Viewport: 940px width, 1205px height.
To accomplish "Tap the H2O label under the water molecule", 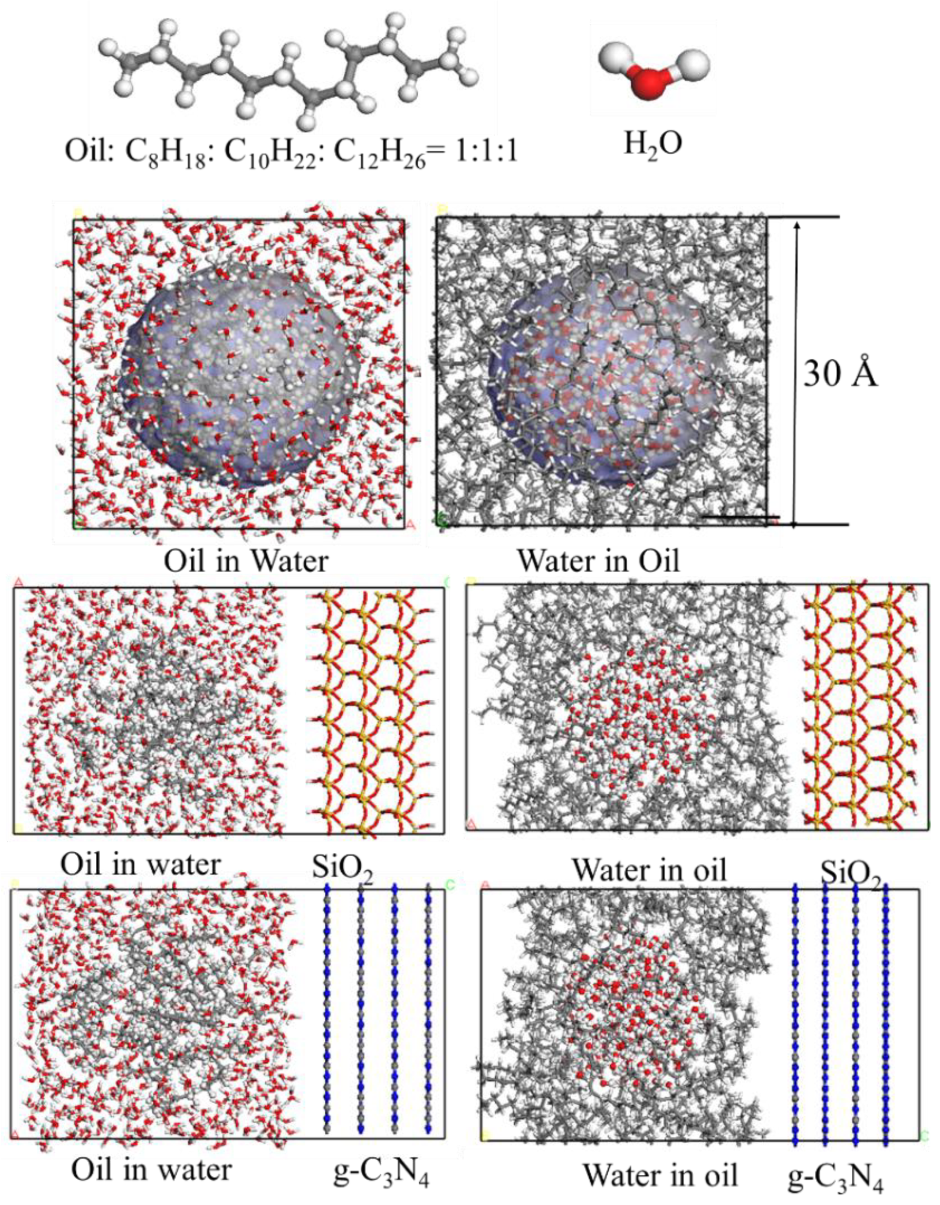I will point(653,144).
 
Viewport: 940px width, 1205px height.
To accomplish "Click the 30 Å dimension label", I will point(840,373).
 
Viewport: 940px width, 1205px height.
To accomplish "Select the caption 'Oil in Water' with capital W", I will point(245,560).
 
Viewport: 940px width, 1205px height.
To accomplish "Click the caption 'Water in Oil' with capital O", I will point(598,560).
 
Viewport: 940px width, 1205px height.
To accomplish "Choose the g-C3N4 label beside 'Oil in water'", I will point(381,1171).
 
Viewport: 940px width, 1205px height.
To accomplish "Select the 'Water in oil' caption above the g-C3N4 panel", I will point(649,870).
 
